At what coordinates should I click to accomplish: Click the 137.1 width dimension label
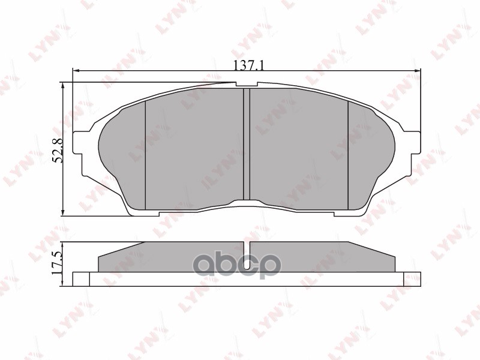tap(248, 65)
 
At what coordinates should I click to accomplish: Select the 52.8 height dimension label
tap(58, 151)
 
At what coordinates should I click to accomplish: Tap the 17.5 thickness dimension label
tap(57, 262)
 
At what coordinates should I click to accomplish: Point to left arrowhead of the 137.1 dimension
tap(76, 71)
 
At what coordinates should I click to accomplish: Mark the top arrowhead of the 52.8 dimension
tap(63, 86)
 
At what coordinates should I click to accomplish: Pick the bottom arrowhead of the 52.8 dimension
tap(63, 212)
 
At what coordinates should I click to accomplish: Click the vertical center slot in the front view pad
tap(247, 144)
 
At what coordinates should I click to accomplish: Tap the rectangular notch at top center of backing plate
tap(247, 85)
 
